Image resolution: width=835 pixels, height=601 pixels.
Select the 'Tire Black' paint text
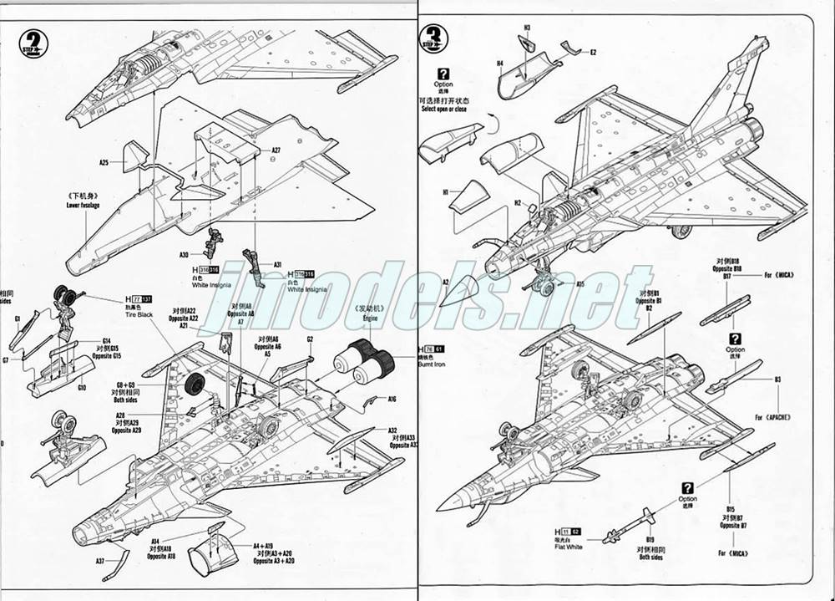pyautogui.click(x=139, y=313)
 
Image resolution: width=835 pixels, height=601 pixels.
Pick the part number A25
pyautogui.click(x=104, y=162)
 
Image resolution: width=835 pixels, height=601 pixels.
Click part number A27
pyautogui.click(x=276, y=150)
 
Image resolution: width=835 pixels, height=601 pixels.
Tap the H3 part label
pyautogui.click(x=528, y=28)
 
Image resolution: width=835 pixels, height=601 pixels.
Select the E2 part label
pyautogui.click(x=593, y=53)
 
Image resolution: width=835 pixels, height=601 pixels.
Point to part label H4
pyautogui.click(x=499, y=63)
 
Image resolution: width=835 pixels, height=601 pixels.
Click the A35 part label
pyautogui.click(x=579, y=283)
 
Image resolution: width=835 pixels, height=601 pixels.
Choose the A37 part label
pyautogui.click(x=100, y=561)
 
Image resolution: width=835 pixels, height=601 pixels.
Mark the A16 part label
pyautogui.click(x=392, y=400)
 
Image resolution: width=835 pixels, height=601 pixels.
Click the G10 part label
pyautogui.click(x=81, y=388)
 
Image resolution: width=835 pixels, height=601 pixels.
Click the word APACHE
pyautogui.click(x=776, y=415)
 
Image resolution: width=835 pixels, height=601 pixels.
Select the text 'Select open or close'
pyautogui.click(x=443, y=109)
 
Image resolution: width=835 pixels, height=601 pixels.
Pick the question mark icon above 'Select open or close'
pyautogui.click(x=443, y=74)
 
